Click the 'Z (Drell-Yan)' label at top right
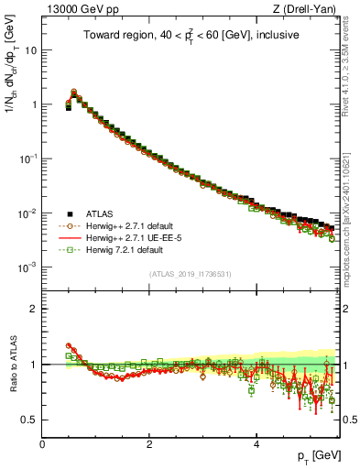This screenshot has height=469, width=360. click(306, 9)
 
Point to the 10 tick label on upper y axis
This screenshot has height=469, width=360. click(30, 50)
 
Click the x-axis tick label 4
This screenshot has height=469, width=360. click(256, 443)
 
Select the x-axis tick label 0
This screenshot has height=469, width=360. click(42, 443)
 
